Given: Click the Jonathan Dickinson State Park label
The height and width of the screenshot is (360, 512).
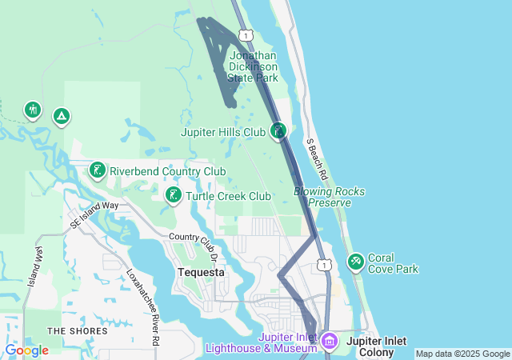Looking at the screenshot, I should tap(253, 67).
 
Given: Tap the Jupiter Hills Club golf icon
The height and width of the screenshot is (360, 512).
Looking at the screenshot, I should tap(278, 130).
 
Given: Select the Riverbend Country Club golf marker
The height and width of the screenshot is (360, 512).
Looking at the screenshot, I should tap(97, 170).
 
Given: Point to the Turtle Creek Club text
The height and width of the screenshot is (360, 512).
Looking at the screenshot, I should tap(228, 196).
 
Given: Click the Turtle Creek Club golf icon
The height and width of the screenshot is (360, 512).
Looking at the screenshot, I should tap(173, 195).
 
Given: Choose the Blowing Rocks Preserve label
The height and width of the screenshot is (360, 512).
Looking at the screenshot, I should tap(330, 197).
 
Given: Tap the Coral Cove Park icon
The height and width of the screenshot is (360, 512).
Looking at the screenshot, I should tap(356, 262).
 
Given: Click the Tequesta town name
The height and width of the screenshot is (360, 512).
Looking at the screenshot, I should tap(200, 272).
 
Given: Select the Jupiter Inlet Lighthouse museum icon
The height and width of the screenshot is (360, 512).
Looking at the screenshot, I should tap(330, 343).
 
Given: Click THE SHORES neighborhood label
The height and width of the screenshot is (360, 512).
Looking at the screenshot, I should tap(77, 330).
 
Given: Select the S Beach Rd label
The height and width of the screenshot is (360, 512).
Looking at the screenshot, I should tap(317, 157).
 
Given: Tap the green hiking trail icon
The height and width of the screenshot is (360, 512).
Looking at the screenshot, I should tap(33, 110).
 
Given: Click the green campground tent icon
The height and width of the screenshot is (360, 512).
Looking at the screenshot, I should tap(60, 117).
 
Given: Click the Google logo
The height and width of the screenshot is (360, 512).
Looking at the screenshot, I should tap(26, 350).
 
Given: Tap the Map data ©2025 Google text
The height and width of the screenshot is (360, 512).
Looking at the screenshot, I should tap(462, 354).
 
